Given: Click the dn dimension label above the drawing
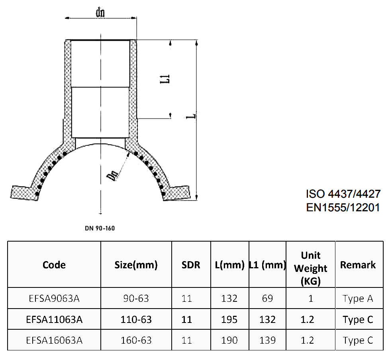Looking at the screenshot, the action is coord(100,12).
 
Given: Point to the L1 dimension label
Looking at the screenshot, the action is coord(165,79).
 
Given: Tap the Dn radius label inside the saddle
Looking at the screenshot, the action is coord(112,176).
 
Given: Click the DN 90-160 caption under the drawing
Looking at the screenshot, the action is coord(100,228).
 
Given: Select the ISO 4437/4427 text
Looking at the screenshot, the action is coord(343,194).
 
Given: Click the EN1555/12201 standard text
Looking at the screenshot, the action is coord(343,207).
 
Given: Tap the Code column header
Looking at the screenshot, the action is coord(54,265).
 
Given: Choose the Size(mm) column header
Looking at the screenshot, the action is coord(136,265).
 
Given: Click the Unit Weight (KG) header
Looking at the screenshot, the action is coord(310,268).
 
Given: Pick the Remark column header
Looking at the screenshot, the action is coord(358,265).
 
